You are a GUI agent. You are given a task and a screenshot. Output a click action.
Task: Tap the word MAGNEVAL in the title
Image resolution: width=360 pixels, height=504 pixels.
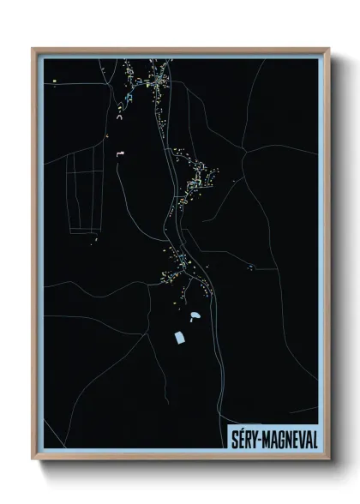288,439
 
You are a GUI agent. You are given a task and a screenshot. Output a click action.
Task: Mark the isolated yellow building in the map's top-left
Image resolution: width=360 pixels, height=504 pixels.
54,81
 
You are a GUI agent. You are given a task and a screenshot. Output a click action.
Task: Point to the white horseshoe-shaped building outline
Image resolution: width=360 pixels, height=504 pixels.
119,117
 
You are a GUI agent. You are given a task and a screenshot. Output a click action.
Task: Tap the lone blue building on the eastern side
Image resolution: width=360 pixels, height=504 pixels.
249,268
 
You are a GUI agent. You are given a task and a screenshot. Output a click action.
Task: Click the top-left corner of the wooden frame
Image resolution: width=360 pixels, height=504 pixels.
33,49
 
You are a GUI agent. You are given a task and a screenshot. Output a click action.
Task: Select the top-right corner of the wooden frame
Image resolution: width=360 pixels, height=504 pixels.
328,49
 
